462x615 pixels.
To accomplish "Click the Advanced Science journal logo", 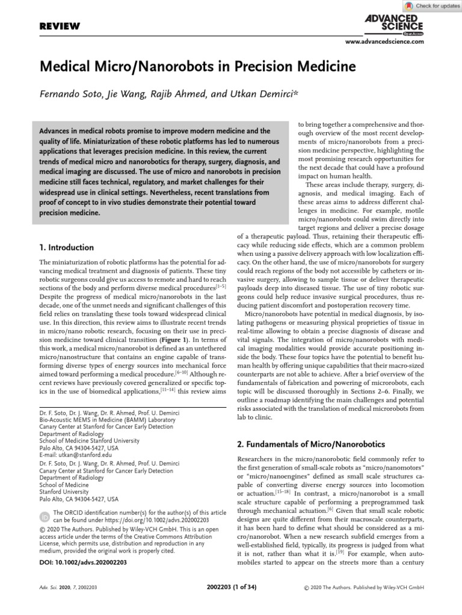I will pyautogui.click(x=393, y=23).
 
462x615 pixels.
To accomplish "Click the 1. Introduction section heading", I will pyautogui.click(x=66, y=247).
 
